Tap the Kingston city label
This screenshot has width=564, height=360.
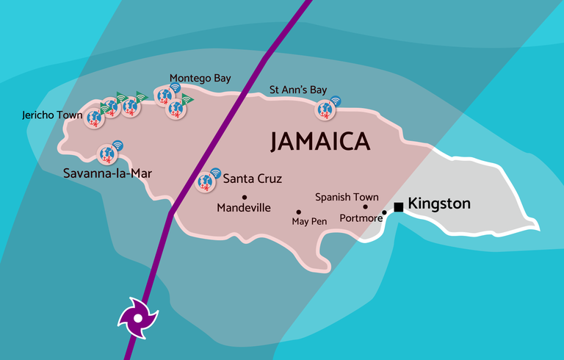439,204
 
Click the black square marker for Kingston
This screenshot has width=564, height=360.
399,208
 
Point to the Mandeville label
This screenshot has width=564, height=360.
244,208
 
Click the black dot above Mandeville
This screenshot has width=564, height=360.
244,197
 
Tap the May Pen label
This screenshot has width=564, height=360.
308,221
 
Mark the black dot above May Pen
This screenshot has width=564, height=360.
299,212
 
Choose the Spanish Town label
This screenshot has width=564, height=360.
347,197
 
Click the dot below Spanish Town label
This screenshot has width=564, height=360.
365,206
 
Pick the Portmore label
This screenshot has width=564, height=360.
361,217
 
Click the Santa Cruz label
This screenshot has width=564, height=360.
253,178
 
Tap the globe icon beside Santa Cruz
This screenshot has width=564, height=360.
207,180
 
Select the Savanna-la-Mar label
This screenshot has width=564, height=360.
112,173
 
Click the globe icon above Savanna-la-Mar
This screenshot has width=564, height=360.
108,153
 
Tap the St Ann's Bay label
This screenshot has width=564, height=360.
297,90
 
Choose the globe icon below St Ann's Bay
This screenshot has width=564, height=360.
325,110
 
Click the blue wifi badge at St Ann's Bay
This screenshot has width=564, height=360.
335,101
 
